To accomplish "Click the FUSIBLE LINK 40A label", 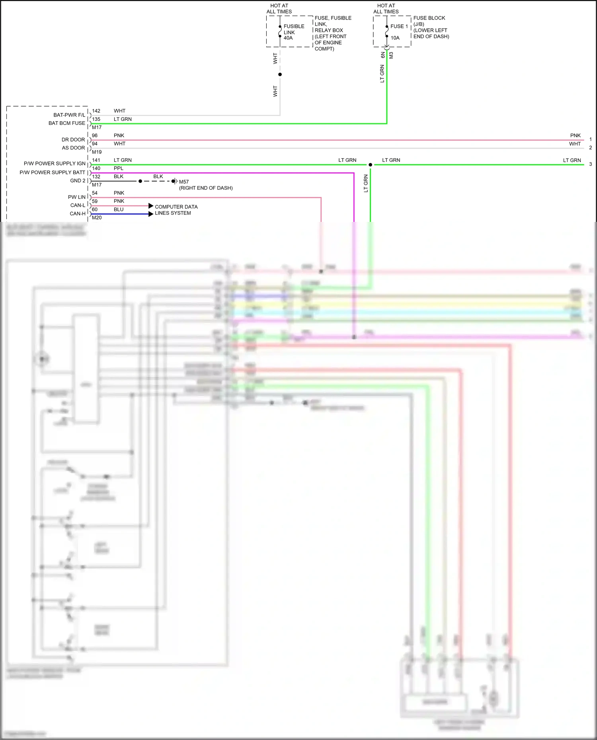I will [x=293, y=32].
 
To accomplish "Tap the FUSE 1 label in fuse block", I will [x=399, y=26].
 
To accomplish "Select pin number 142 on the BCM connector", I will [x=96, y=111].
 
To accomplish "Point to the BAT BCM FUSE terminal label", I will [x=66, y=123].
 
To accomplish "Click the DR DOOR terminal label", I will [x=73, y=140].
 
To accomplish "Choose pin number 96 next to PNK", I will [x=95, y=136].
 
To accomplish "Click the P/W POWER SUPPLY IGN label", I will [x=55, y=163].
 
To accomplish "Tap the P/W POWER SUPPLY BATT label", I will [x=53, y=172].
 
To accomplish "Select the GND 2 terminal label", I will [x=78, y=181].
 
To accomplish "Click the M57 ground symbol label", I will [x=183, y=182].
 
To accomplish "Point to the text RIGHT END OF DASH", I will [x=206, y=188].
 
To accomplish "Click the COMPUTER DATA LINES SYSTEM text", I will [x=176, y=210].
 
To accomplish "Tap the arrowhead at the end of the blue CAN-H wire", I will [x=151, y=214].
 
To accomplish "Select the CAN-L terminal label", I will [x=78, y=205].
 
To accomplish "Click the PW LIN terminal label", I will [x=76, y=197].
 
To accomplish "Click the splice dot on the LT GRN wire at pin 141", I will [x=370, y=165].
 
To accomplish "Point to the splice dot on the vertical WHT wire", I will [x=280, y=74].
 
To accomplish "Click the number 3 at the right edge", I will [x=590, y=164].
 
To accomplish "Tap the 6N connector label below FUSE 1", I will [x=383, y=55].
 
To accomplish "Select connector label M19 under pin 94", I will [x=97, y=152].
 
